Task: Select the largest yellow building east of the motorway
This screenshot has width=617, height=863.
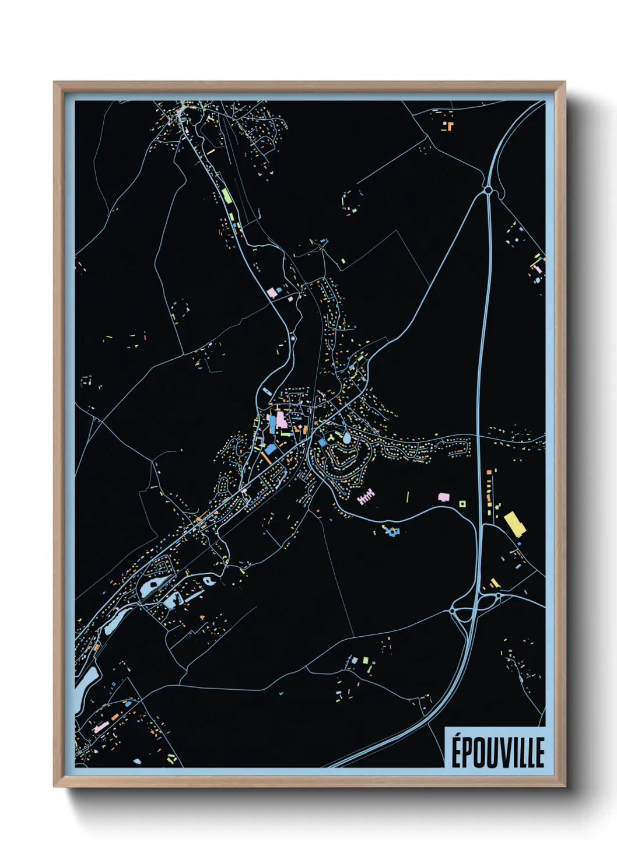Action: point(515,523)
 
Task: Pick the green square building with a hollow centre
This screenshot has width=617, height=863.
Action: point(462,504)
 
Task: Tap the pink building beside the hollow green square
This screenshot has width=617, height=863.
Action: point(444,497)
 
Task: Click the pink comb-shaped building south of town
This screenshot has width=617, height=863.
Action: point(366,497)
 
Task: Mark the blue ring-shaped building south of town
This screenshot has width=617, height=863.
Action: point(392,531)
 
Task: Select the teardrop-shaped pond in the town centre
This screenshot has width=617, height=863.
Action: point(347,436)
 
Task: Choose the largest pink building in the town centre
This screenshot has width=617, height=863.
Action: point(281,420)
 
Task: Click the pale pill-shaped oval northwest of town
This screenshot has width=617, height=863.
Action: point(265,392)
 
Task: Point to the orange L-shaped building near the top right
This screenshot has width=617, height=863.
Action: point(450,125)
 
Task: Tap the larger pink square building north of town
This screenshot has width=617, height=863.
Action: point(271,292)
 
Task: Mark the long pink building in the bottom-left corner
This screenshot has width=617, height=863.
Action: point(100,727)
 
